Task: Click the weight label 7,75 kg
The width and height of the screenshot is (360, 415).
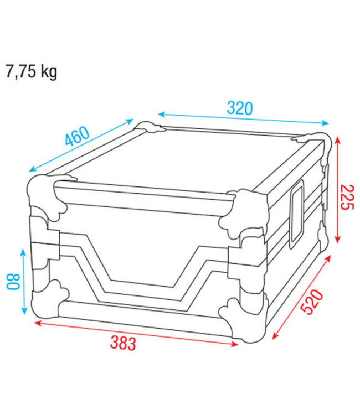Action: pos(31,72)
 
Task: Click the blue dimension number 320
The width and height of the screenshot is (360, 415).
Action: pos(239,108)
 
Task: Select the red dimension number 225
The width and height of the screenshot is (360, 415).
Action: pos(346,197)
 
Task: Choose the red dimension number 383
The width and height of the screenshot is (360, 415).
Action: pos(122,344)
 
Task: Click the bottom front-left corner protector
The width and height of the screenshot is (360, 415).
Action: pos(47,299)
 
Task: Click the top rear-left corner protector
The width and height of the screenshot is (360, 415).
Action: pos(151,127)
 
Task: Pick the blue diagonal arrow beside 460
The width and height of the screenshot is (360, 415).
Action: pos(81,145)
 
